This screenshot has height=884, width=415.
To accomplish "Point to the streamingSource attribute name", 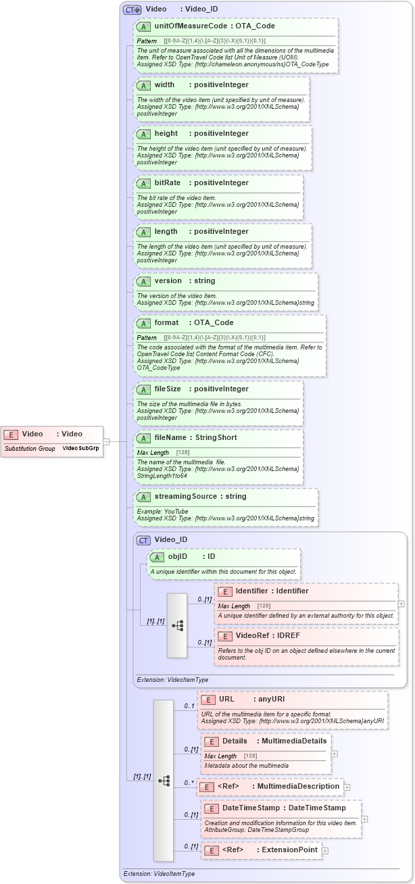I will tap(181, 496).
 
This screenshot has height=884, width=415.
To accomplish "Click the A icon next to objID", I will tap(157, 556).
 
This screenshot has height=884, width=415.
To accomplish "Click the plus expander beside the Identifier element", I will tap(401, 604).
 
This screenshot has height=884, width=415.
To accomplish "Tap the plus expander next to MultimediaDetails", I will tap(334, 753).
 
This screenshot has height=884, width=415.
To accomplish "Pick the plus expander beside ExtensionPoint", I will tap(325, 851).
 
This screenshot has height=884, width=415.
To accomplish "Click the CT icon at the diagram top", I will tap(131, 10).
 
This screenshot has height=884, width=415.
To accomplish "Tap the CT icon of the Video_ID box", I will tap(143, 539).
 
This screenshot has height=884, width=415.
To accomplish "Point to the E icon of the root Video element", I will tap(11, 434).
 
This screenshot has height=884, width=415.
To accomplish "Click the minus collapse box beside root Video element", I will tap(106, 441).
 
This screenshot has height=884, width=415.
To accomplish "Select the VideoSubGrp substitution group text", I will tap(82, 448).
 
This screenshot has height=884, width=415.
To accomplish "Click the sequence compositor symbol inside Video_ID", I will tap(177, 625).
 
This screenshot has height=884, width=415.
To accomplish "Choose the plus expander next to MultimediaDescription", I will tap(347, 787).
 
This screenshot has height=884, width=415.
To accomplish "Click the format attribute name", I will tap(166, 322).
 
